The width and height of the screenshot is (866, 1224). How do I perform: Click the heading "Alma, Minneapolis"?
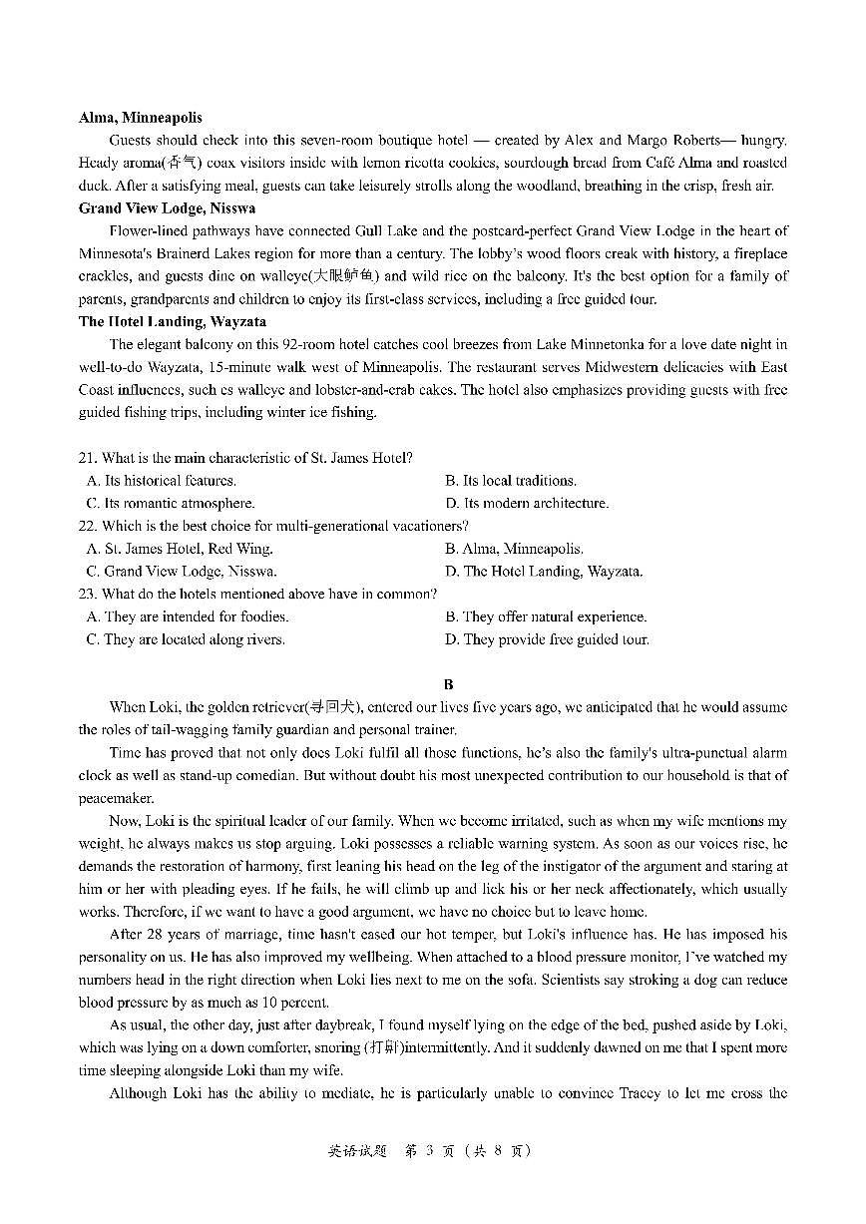click(x=140, y=118)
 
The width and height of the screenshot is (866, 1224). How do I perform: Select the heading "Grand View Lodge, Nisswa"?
click(x=167, y=208)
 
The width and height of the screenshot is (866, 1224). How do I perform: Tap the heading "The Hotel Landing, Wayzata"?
click(x=172, y=322)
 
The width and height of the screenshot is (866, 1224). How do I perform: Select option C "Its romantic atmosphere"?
click(x=171, y=504)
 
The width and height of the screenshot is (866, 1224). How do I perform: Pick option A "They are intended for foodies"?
click(x=188, y=616)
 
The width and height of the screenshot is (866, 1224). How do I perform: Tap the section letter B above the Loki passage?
click(x=448, y=684)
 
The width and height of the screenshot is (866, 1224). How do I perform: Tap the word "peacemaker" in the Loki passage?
click(x=117, y=798)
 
